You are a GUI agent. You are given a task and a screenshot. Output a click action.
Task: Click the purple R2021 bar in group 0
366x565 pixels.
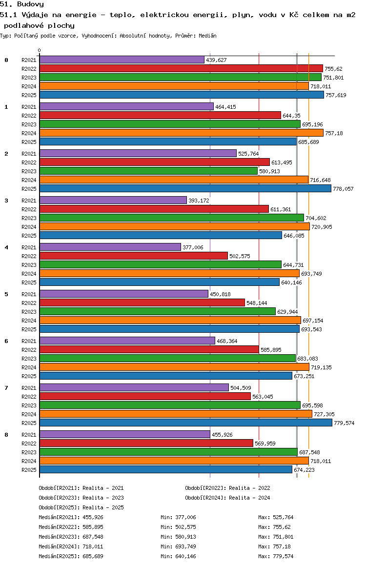pyautogui.click(x=122, y=60)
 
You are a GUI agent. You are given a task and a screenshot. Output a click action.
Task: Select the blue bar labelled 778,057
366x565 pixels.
pyautogui.click(x=185, y=188)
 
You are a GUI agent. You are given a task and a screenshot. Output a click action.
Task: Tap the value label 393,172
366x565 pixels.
pyautogui.click(x=199, y=201)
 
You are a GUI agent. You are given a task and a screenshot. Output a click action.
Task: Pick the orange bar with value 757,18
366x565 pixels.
pyautogui.click(x=182, y=133)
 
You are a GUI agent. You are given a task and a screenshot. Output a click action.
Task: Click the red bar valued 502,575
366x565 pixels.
pyautogui.click(x=134, y=256)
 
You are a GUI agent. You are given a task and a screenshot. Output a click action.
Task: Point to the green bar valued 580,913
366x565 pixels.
pyautogui.click(x=148, y=171)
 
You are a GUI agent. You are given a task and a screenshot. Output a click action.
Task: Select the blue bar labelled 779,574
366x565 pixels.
pyautogui.click(x=186, y=423)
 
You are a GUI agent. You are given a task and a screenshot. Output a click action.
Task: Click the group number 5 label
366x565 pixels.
pyautogui.click(x=6, y=294)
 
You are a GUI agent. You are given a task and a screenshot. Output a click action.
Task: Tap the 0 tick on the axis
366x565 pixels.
pyautogui.click(x=39, y=50)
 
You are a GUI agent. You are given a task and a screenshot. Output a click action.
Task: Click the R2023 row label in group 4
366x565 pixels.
pyautogui.click(x=29, y=265)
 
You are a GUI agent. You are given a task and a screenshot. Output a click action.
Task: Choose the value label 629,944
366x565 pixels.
pyautogui.click(x=287, y=312)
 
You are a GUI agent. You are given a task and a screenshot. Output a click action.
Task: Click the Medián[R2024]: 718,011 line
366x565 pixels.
pyautogui.click(x=71, y=546)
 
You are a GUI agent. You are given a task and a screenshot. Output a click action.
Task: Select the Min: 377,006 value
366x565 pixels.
pyautogui.click(x=178, y=517)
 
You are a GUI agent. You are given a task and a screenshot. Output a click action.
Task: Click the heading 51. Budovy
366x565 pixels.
pyautogui.click(x=22, y=4)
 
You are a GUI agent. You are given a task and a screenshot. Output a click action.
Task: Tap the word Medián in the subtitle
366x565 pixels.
pyautogui.click(x=207, y=36)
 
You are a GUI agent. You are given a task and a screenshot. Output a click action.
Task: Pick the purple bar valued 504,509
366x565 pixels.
pyautogui.click(x=134, y=388)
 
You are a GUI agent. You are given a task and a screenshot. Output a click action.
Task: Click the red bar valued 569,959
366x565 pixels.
pyautogui.click(x=146, y=443)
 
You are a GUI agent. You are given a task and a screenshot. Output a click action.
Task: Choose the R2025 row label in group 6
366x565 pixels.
pyautogui.click(x=29, y=376)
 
